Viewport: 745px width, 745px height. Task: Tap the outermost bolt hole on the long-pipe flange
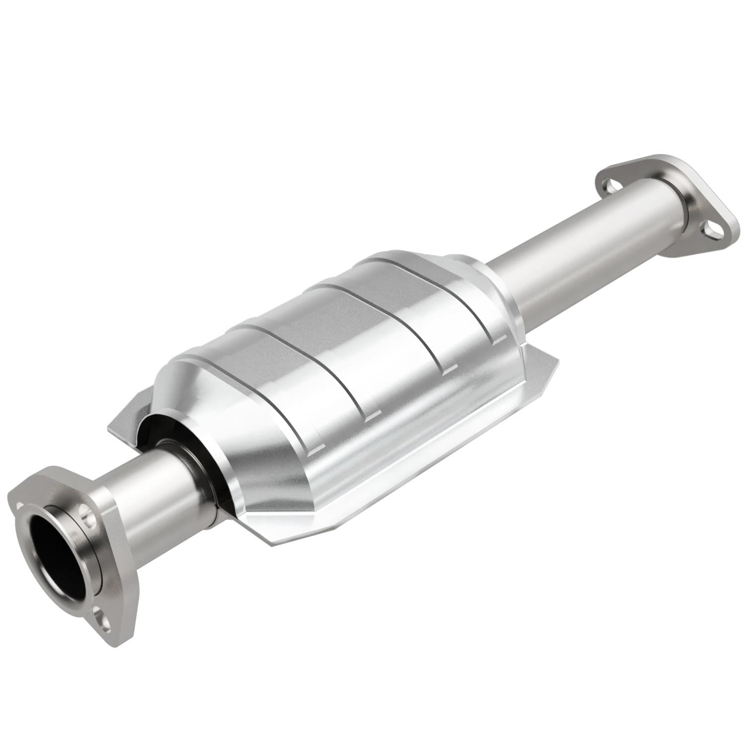[711, 229]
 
